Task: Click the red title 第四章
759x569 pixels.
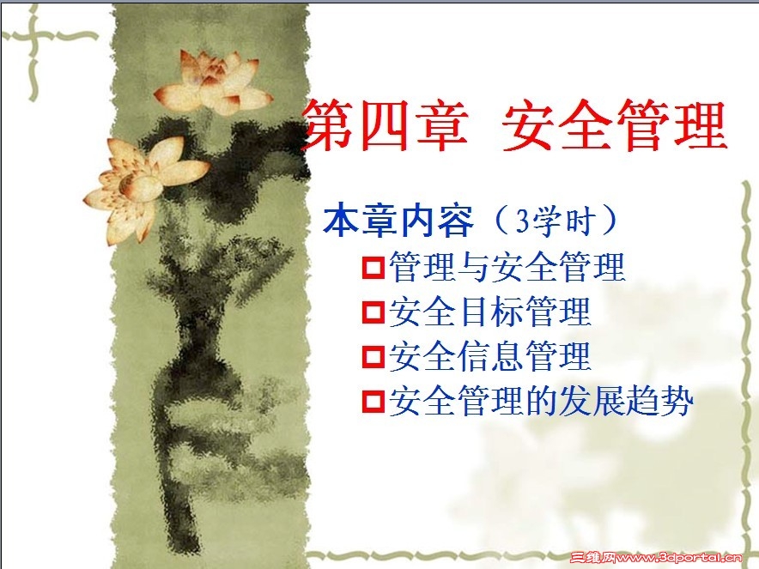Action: click(x=386, y=124)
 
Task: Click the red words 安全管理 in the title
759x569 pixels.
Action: click(x=615, y=124)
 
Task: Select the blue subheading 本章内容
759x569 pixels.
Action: click(x=398, y=221)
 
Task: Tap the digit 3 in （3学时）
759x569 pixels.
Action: click(x=521, y=222)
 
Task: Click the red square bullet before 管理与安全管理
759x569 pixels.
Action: click(x=373, y=267)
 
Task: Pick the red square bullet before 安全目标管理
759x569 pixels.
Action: click(x=373, y=312)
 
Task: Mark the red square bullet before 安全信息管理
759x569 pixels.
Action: click(x=373, y=356)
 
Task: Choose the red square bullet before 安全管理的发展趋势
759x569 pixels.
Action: click(x=373, y=401)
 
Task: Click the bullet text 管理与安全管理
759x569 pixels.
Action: click(x=507, y=267)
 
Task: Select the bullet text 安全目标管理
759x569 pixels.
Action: click(x=490, y=312)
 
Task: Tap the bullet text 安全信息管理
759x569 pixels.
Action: click(x=490, y=356)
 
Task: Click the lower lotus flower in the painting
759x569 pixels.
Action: click(x=143, y=186)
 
